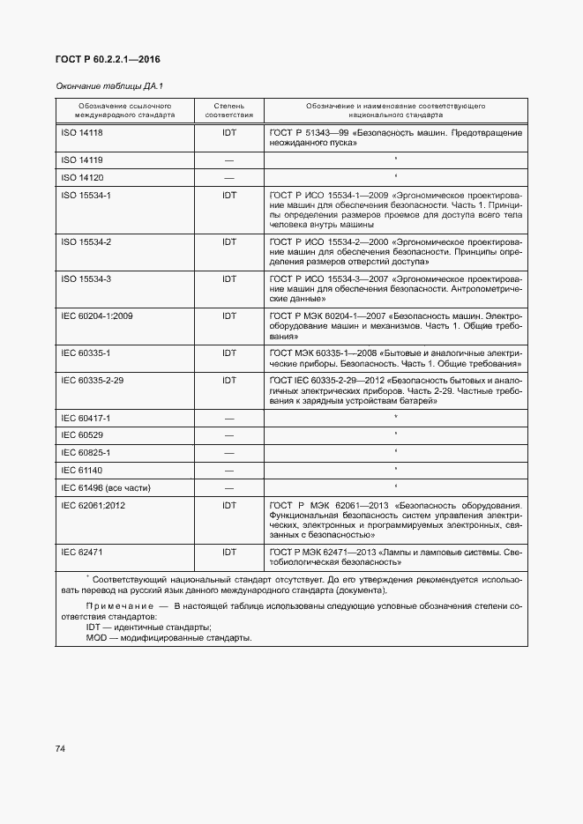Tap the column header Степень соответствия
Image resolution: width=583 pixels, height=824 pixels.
point(229,110)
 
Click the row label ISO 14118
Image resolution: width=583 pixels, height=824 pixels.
point(82,132)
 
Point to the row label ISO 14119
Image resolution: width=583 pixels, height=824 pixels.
point(82,160)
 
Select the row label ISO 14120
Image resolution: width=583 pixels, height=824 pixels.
point(82,178)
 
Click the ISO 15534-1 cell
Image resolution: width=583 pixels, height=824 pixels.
point(86,195)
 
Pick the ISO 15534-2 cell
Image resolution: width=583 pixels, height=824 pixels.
point(86,241)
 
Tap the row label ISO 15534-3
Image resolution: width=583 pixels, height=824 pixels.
point(86,278)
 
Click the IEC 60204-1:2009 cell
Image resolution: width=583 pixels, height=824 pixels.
point(96,315)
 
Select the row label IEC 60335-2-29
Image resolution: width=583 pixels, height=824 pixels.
point(92,380)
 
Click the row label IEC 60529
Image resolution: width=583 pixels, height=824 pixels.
point(81,435)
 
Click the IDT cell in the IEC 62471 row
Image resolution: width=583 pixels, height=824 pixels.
point(229,552)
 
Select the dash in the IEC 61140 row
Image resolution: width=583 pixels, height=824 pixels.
point(229,470)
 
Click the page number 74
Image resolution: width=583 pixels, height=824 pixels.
point(61,748)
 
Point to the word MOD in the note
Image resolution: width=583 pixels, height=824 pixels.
point(96,637)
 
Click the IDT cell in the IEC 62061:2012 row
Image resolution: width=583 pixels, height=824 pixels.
point(229,505)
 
